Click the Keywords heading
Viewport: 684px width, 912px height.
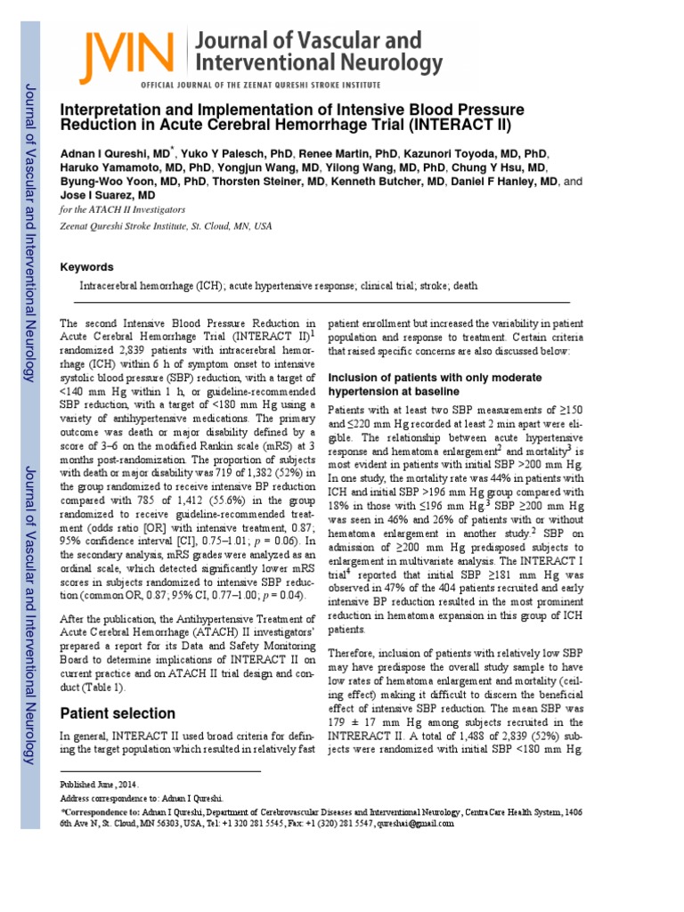86,266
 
